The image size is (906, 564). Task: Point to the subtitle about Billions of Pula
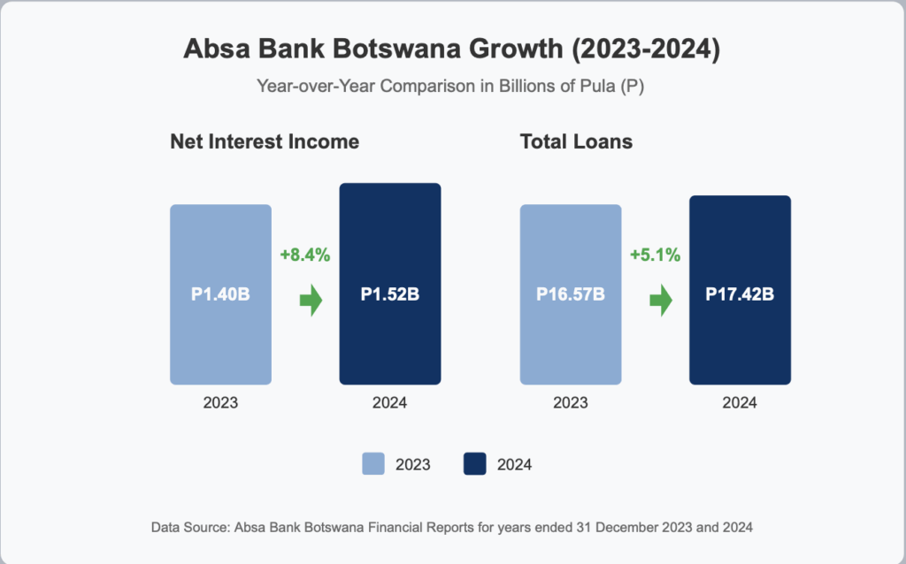pyautogui.click(x=450, y=86)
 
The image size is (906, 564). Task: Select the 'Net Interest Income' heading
pyautogui.click(x=265, y=141)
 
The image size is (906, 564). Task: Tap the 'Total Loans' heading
pyautogui.click(x=576, y=141)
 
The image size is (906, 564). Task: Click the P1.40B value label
pyautogui.click(x=220, y=294)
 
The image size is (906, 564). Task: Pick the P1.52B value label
pyautogui.click(x=390, y=294)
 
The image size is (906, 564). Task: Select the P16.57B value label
pyautogui.click(x=571, y=294)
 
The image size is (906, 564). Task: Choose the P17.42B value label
pyautogui.click(x=740, y=294)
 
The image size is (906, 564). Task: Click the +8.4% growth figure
pyautogui.click(x=305, y=255)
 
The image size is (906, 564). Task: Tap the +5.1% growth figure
pyautogui.click(x=656, y=255)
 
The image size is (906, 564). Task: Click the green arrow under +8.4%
pyautogui.click(x=311, y=301)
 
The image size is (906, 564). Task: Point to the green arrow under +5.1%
pyautogui.click(x=661, y=301)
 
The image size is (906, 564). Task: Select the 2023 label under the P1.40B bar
pyautogui.click(x=220, y=402)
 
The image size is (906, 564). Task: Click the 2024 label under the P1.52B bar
pyautogui.click(x=390, y=402)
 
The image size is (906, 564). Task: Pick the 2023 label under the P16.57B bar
pyautogui.click(x=571, y=402)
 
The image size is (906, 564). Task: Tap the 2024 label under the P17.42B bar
pyautogui.click(x=740, y=402)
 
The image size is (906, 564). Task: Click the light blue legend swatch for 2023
pyautogui.click(x=373, y=464)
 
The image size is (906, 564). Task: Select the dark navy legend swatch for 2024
pyautogui.click(x=475, y=464)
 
